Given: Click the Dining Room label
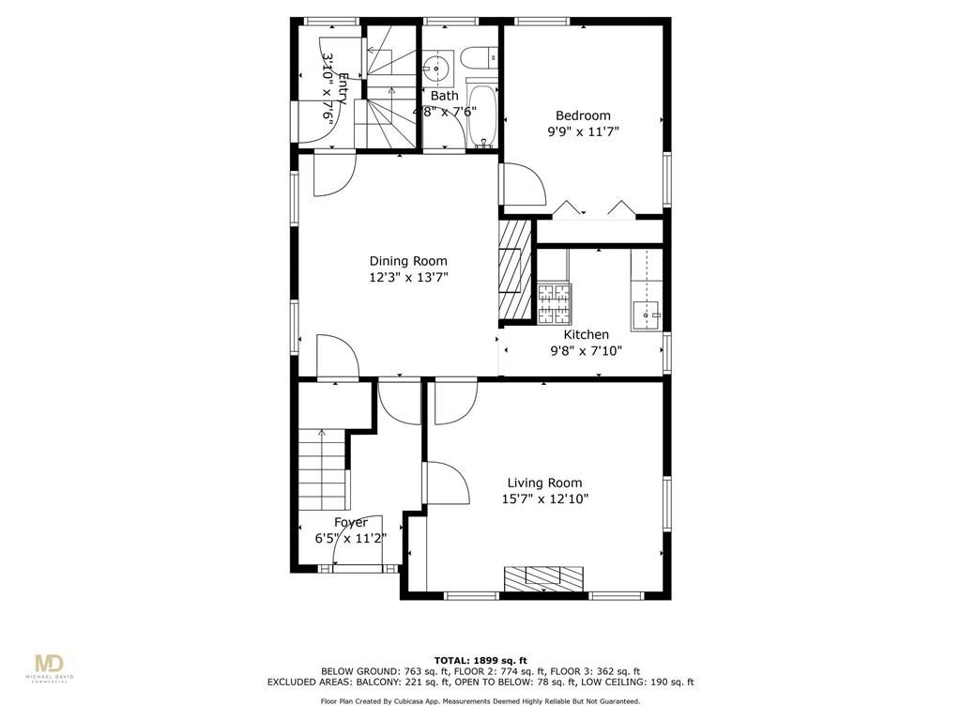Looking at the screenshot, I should pos(407,261).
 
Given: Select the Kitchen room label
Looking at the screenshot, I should pos(586,334).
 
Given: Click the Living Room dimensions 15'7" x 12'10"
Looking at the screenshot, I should pos(544,499).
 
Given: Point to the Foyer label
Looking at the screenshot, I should pos(351,522).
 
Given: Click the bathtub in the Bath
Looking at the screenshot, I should pos(483,116).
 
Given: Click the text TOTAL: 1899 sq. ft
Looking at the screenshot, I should pos(480,659).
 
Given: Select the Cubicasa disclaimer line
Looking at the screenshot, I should pos(480,701).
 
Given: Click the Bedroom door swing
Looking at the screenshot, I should pos(522,186).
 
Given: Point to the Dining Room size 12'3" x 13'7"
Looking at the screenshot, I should pos(407,277).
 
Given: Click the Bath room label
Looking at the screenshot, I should pos(445,96).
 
